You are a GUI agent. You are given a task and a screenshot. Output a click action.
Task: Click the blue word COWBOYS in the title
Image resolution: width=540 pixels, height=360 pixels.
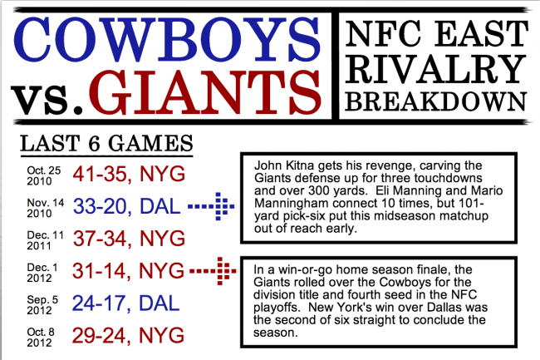(x=167, y=39)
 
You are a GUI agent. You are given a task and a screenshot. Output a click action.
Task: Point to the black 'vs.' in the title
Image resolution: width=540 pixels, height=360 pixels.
(x=47, y=100)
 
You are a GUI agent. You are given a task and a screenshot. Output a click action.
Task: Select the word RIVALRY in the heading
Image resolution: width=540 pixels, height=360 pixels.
(x=435, y=69)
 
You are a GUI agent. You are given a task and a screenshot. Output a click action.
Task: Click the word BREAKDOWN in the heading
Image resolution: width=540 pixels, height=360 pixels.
(x=436, y=101)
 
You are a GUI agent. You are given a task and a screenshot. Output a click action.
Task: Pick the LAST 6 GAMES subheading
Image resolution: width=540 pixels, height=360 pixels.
(x=106, y=143)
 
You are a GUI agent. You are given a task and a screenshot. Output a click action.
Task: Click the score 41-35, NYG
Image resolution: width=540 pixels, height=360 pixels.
(x=129, y=174)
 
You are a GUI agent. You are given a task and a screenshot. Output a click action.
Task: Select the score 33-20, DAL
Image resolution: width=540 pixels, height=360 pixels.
(x=127, y=206)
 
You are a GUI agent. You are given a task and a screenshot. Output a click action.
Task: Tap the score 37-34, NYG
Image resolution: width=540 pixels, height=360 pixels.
(x=129, y=239)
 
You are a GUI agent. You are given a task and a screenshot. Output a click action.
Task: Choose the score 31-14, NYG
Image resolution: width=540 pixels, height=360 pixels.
(x=128, y=271)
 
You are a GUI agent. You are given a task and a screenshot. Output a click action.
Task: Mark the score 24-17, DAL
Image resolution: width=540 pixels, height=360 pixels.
(x=125, y=303)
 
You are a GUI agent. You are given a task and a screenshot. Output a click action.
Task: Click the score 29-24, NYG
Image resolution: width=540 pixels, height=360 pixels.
(x=128, y=336)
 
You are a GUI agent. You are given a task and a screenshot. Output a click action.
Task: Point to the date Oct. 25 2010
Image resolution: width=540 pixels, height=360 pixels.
(x=44, y=175)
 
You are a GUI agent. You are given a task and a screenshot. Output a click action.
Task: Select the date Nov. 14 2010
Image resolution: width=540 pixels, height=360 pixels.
(x=46, y=208)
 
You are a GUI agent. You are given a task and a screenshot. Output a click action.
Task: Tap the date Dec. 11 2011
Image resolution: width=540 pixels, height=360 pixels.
(x=45, y=240)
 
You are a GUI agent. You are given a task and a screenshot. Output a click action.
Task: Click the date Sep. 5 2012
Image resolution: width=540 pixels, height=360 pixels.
(x=42, y=305)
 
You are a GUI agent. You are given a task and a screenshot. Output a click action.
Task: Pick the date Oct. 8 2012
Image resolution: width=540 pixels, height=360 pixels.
(x=41, y=338)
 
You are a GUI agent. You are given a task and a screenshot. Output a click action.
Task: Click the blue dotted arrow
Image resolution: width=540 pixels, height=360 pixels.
(x=211, y=206)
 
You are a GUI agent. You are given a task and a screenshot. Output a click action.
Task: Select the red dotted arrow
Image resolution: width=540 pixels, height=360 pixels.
(x=213, y=271)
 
